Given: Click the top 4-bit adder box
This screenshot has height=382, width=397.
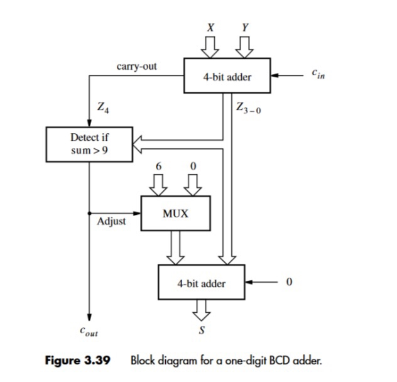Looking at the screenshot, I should pyautogui.click(x=227, y=77).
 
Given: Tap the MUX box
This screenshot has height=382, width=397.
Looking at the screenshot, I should pyautogui.click(x=176, y=214).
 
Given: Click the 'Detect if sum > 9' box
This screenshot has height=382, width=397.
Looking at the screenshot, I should pyautogui.click(x=89, y=144).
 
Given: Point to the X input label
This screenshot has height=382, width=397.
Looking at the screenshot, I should pyautogui.click(x=210, y=28).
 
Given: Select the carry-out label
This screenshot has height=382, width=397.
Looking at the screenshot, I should pyautogui.click(x=136, y=65).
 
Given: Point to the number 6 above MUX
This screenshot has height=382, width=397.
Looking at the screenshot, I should pyautogui.click(x=160, y=165).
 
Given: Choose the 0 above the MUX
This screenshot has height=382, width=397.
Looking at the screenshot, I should pyautogui.click(x=193, y=165).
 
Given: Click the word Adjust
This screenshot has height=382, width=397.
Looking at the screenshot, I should pyautogui.click(x=112, y=222).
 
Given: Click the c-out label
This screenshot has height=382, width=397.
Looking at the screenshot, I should pyautogui.click(x=90, y=330).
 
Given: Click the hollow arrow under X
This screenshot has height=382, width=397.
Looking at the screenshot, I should pyautogui.click(x=210, y=46).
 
